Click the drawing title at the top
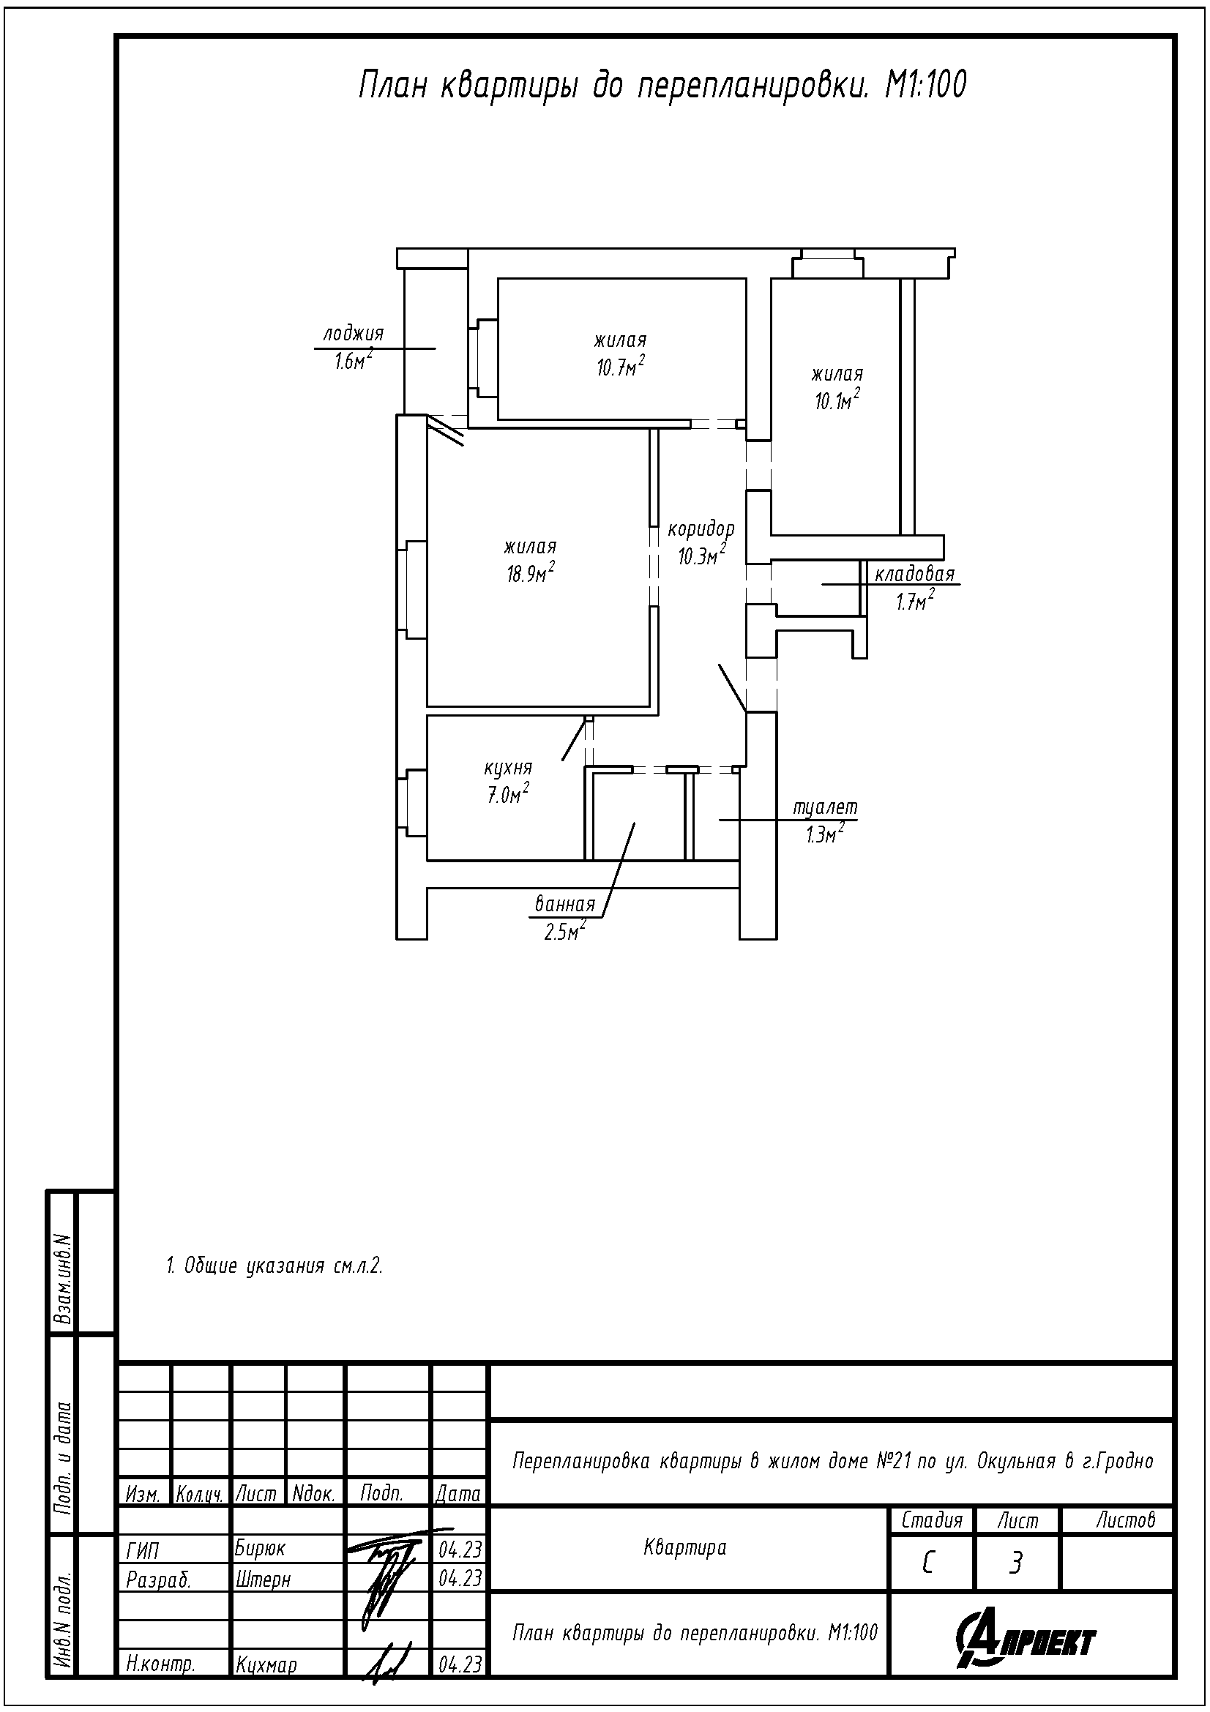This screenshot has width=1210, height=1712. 662,86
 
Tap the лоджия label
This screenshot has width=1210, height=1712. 353,334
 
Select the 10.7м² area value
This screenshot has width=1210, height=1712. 620,367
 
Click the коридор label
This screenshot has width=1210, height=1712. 701,529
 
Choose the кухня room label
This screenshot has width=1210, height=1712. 508,767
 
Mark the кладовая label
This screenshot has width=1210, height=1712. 914,574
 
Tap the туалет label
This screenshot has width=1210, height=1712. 825,807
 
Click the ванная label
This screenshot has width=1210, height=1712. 565,905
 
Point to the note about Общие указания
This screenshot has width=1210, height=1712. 274,1266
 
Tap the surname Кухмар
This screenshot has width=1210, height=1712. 266,1664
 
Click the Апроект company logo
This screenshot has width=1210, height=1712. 1026,1640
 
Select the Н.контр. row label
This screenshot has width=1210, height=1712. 161,1664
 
